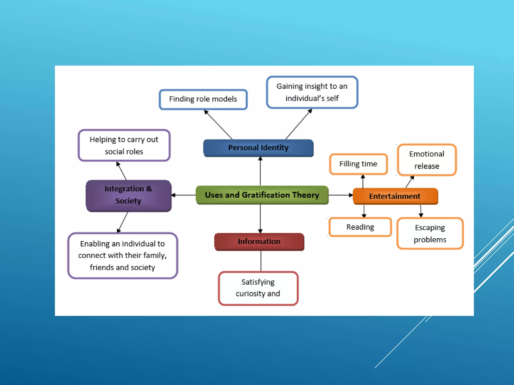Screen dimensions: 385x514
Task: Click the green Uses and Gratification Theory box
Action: click(x=262, y=195)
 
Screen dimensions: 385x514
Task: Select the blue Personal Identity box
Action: click(x=258, y=148)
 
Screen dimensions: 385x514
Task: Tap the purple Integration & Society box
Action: click(x=128, y=195)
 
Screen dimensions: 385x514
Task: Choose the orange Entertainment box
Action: click(x=395, y=196)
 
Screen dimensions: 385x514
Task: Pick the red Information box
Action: click(x=259, y=241)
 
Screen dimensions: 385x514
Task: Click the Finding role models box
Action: click(x=203, y=99)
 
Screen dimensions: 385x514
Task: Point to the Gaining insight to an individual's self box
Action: click(x=312, y=92)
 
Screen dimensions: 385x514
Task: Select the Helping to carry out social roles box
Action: click(x=124, y=145)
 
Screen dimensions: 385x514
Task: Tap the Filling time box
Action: click(x=358, y=164)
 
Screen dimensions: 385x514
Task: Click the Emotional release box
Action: click(x=427, y=160)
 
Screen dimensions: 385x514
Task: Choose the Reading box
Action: click(x=360, y=227)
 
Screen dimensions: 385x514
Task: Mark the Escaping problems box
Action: click(x=430, y=233)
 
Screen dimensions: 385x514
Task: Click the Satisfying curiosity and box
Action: click(x=258, y=288)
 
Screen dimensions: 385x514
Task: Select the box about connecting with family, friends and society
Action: click(x=122, y=255)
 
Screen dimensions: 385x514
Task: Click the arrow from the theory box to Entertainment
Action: click(x=340, y=195)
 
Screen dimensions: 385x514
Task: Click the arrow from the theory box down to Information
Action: click(x=260, y=218)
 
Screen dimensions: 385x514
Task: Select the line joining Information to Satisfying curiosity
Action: click(x=261, y=261)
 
